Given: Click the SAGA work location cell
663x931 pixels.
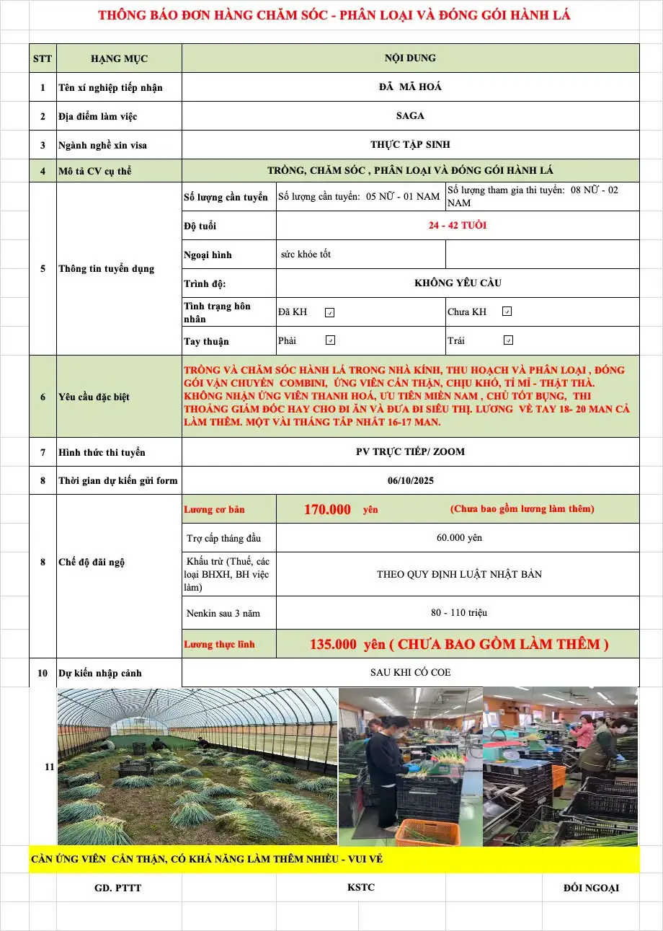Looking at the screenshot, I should (x=410, y=115).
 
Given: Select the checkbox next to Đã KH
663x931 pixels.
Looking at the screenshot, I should (x=329, y=312).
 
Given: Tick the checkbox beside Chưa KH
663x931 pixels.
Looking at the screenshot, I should (x=507, y=312).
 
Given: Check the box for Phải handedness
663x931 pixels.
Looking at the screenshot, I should (x=330, y=340).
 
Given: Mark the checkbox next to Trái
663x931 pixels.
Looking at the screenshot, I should (x=508, y=340).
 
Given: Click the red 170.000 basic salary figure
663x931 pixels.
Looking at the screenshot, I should (x=327, y=510).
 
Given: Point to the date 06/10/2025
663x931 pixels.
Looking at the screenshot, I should (x=410, y=480).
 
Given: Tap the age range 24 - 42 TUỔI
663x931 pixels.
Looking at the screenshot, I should (x=457, y=225).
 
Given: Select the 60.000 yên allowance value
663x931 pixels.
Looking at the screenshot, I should (x=459, y=538).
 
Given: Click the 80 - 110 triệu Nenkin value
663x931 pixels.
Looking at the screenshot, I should (x=459, y=613).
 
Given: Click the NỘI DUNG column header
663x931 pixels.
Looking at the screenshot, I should (x=410, y=58).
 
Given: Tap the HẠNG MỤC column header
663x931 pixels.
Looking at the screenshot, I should (x=119, y=58).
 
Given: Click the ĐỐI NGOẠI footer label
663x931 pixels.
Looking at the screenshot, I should (x=591, y=888).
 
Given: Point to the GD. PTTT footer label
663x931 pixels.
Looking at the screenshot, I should (x=118, y=888).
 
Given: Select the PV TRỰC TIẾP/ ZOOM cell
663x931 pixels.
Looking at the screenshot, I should (x=410, y=452).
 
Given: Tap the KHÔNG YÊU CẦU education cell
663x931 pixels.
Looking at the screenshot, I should (x=458, y=283).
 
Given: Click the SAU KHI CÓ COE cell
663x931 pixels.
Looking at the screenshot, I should (x=410, y=672).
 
